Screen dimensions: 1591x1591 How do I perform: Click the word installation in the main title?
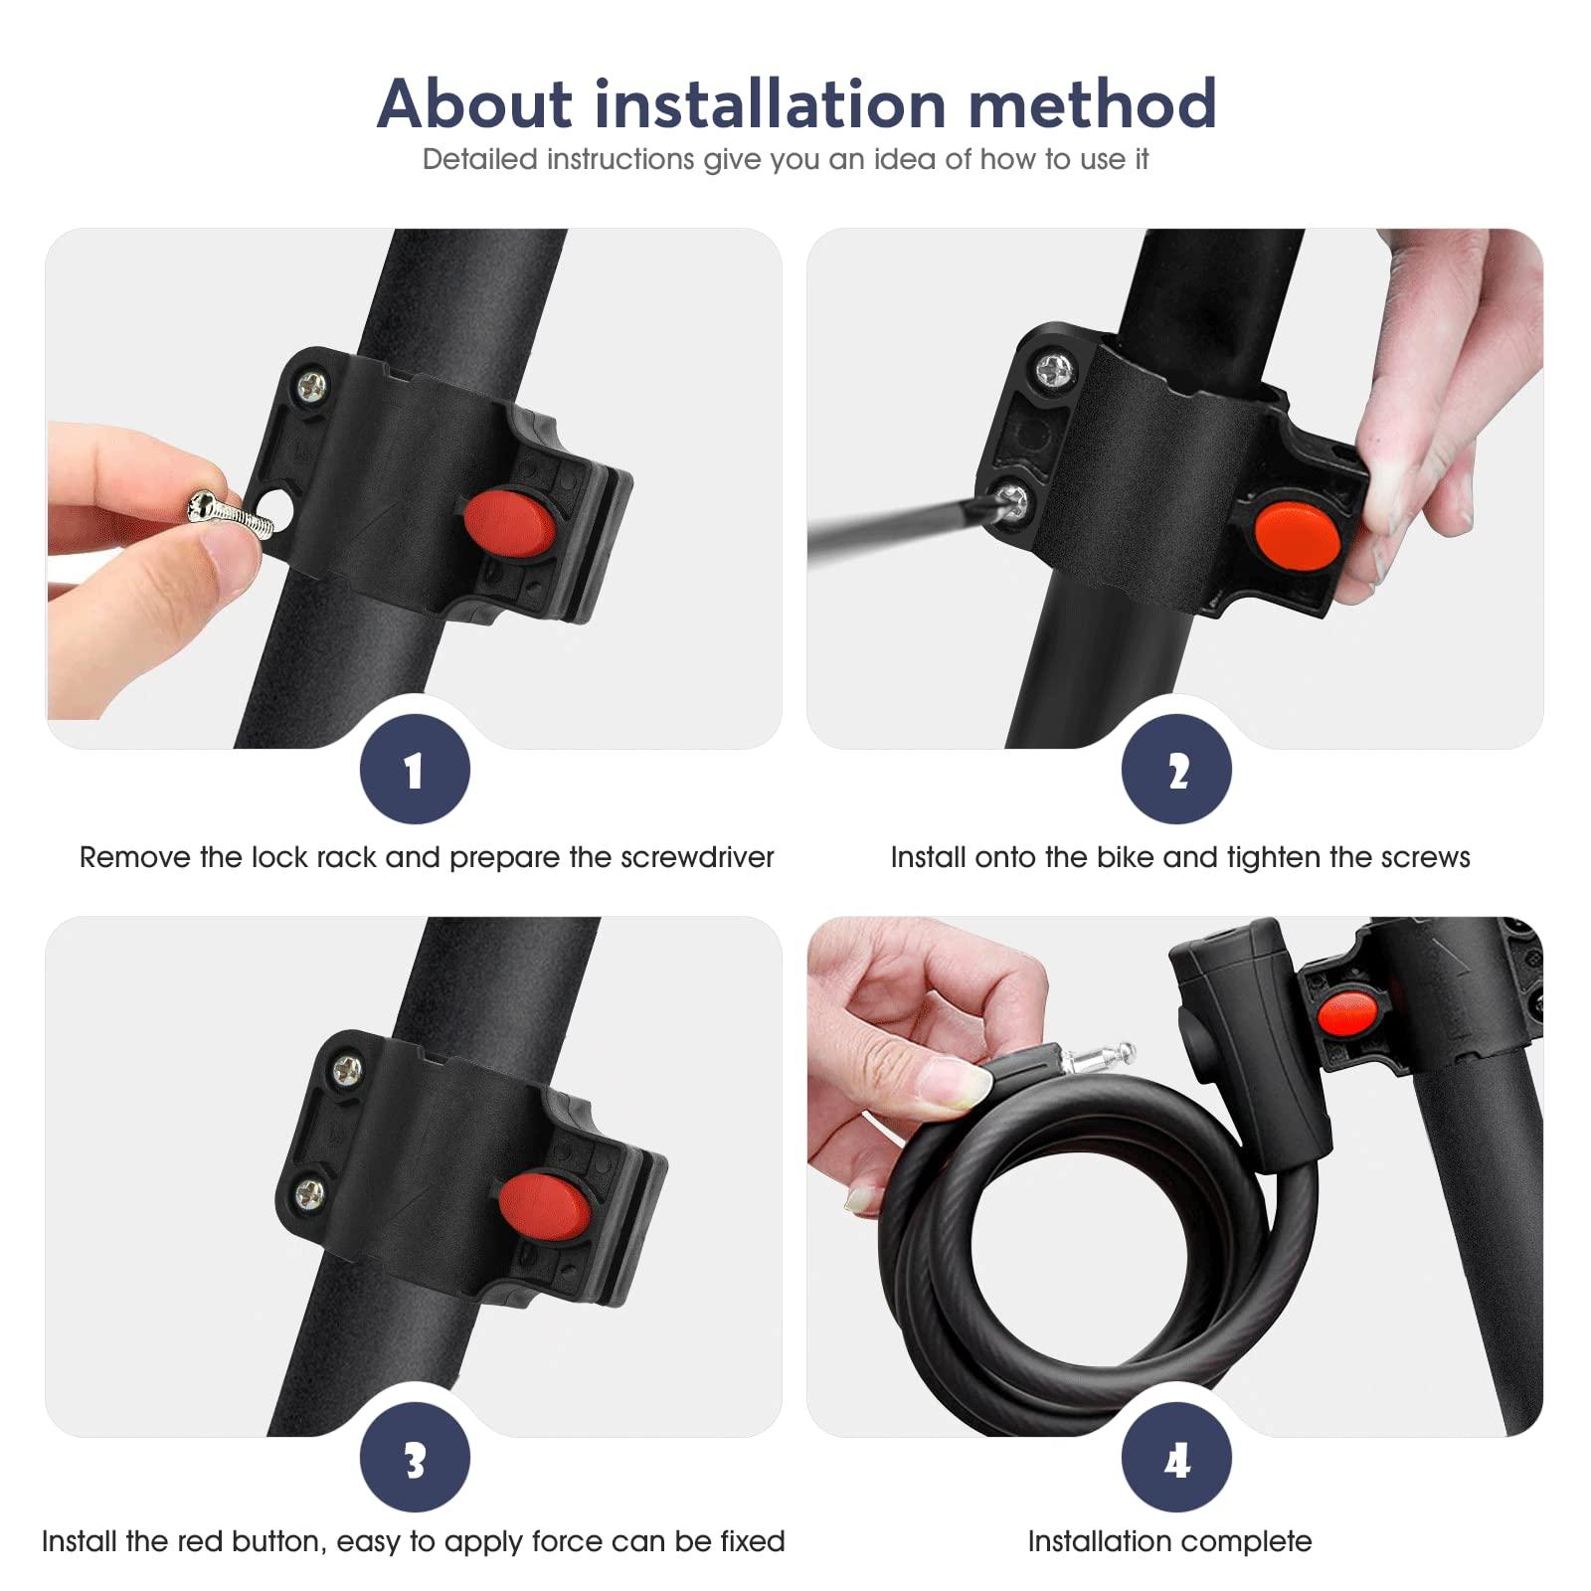coord(769,103)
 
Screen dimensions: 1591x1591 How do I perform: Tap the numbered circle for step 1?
coord(415,770)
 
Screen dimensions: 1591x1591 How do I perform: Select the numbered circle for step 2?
coord(1176,770)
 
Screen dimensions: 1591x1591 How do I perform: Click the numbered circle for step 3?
coord(415,1458)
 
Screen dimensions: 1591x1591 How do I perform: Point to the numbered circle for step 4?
coord(1176,1458)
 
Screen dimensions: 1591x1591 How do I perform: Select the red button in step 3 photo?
coord(543,1206)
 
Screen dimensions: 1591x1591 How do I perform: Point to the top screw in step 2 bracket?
coord(1053,372)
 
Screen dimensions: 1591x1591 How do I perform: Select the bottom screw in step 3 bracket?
coord(310,1190)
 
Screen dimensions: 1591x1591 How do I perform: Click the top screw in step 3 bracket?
coord(347,1070)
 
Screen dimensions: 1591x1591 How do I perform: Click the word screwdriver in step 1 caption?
coord(697,857)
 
